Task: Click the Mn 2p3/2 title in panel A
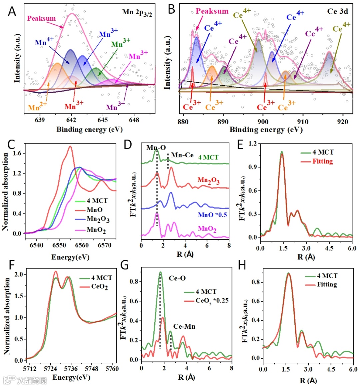[x=137, y=13]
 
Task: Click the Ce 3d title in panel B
[x=337, y=11]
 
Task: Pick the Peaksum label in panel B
[x=212, y=11]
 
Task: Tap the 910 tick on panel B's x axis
[x=303, y=122]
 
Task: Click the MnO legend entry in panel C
[x=95, y=210]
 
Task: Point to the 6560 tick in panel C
[x=82, y=245]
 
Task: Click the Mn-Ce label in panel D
[x=182, y=155]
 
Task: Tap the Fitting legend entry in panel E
[x=322, y=162]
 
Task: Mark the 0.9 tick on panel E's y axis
[x=253, y=167]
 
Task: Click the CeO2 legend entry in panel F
[x=99, y=286]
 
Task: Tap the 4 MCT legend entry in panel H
[x=327, y=276]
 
